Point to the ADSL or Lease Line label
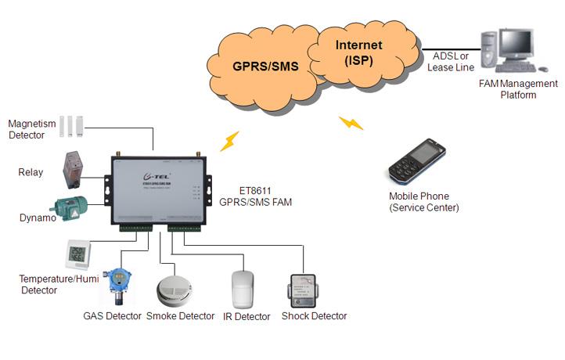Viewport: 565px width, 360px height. tap(452, 61)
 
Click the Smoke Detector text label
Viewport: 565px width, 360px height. tap(181, 316)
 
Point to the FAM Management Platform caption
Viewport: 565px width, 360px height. tap(518, 89)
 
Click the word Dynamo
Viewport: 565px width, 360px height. tap(38, 218)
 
